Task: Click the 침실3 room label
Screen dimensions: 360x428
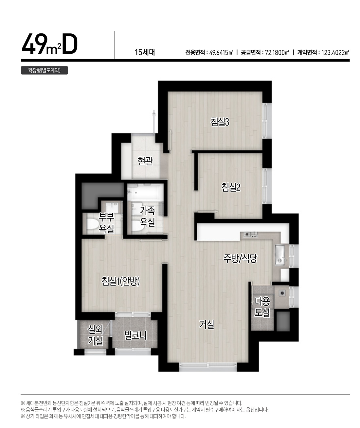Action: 220,121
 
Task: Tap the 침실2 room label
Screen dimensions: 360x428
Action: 231,187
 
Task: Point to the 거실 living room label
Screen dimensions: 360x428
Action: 207,325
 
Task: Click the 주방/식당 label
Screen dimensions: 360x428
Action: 240,258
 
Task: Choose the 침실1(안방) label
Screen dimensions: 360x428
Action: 121,281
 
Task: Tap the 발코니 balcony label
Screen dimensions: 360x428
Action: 135,336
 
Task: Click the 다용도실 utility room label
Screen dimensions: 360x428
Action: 262,307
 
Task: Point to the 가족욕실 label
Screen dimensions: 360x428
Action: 147,216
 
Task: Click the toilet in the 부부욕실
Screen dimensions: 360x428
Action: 92,224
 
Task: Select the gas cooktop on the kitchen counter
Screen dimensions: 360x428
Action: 251,234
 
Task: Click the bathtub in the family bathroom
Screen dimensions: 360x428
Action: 145,192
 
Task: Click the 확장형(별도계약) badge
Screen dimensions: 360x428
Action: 44,70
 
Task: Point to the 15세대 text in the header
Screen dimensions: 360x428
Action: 145,52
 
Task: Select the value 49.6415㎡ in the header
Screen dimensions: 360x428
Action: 221,53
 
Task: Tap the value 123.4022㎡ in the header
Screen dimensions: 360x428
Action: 335,53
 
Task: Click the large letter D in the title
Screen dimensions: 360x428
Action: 70,44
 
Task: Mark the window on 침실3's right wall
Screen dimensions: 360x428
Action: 267,121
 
